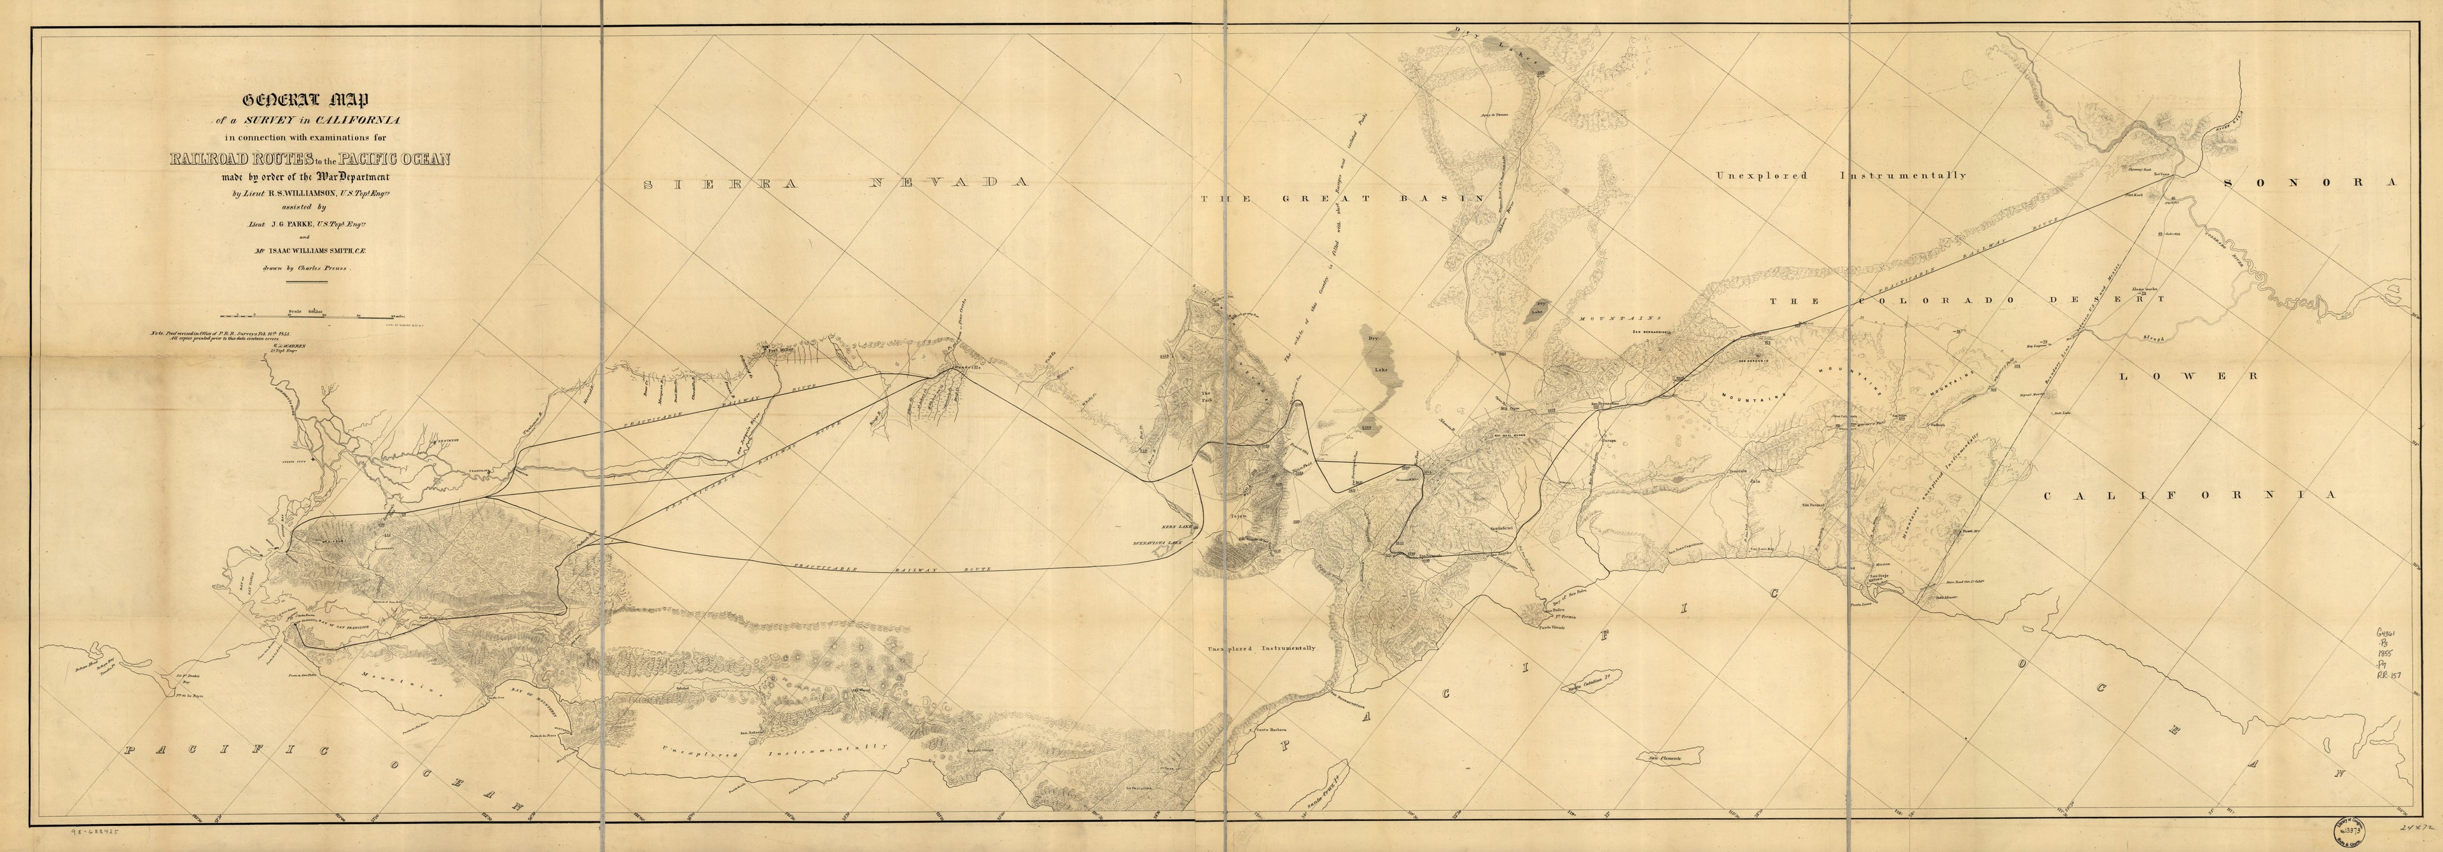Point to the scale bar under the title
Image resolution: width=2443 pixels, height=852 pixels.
[313, 314]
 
